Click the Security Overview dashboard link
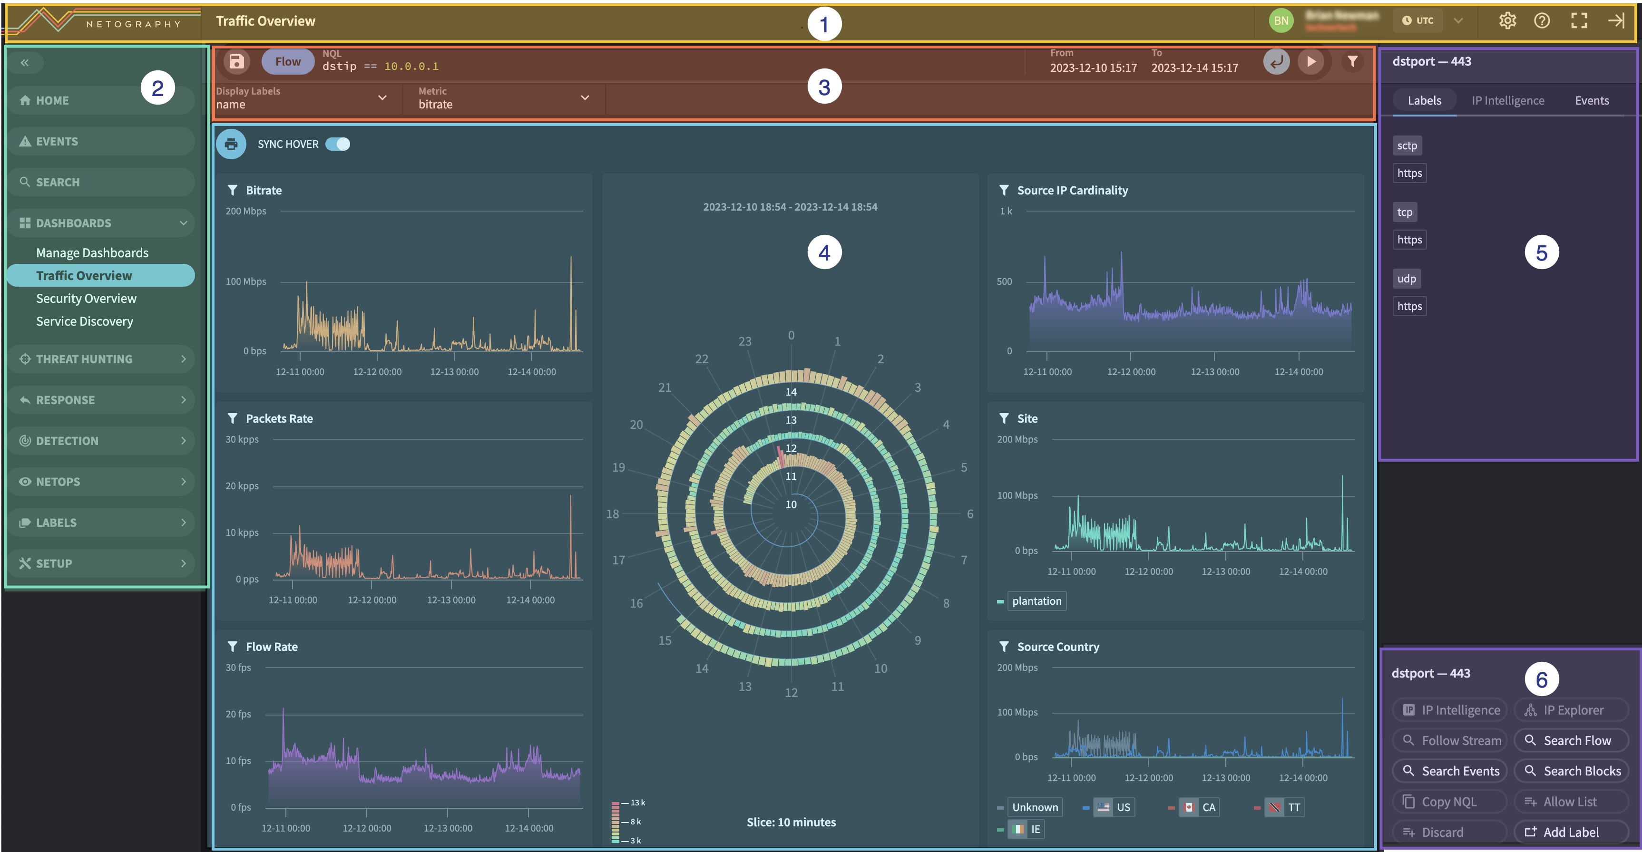[x=86, y=298]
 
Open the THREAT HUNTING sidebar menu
[x=102, y=359]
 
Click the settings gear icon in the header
[x=1507, y=21]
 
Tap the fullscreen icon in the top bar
[x=1578, y=21]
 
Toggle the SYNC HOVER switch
[x=338, y=144]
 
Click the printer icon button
[x=231, y=144]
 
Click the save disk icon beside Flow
[x=236, y=61]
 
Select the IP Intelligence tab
[x=1507, y=100]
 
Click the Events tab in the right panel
[x=1592, y=100]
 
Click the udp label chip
[x=1406, y=279]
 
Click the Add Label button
[x=1571, y=832]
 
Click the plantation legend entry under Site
[x=1036, y=601]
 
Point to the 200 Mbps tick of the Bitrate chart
[x=246, y=211]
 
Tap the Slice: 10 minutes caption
[x=791, y=822]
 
